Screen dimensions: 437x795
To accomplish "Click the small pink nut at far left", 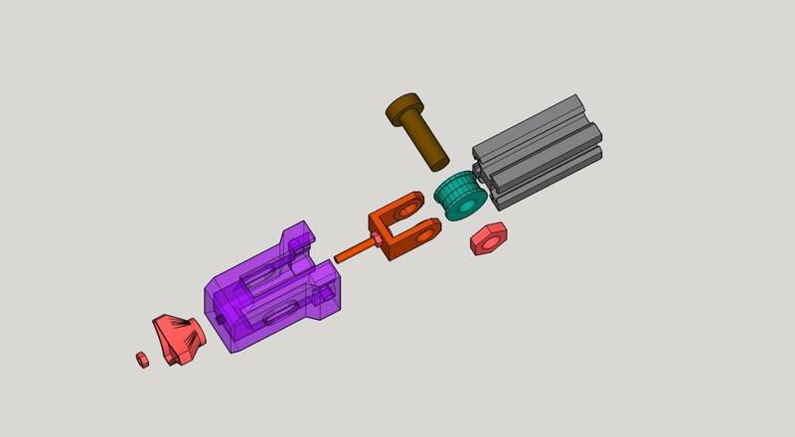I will pos(142,358).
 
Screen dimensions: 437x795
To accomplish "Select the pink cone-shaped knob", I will pos(179,338).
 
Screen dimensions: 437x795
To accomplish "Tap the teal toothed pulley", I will pos(459,196).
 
